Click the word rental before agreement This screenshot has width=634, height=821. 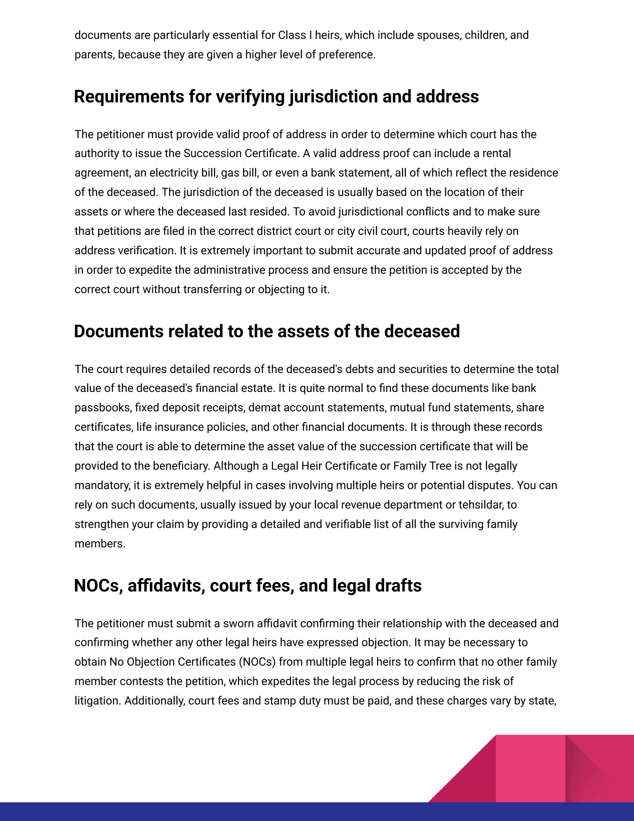pos(497,153)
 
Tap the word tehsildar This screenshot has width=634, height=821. pos(481,505)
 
